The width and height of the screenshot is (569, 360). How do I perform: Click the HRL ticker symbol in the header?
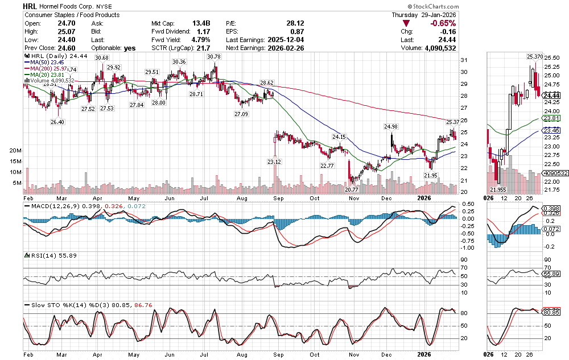(x=31, y=5)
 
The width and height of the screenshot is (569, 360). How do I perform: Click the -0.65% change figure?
(x=443, y=23)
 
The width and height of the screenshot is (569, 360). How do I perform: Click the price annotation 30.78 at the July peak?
(x=214, y=57)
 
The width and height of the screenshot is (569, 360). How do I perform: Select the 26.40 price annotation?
(x=57, y=122)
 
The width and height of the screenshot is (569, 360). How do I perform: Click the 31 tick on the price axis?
(x=464, y=60)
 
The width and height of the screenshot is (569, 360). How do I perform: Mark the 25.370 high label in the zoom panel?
(x=534, y=57)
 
